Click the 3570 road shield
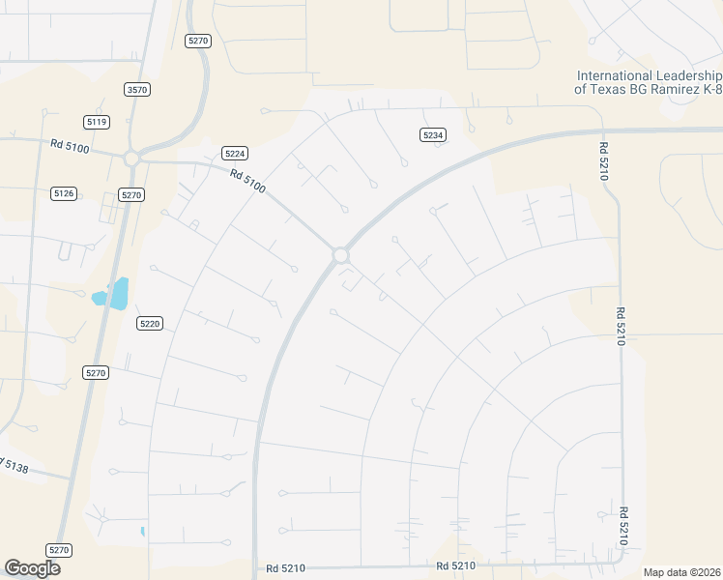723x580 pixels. click(x=137, y=90)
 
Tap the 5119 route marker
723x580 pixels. click(x=97, y=122)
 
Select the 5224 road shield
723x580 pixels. click(x=235, y=153)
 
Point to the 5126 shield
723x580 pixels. click(x=64, y=193)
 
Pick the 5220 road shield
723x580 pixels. click(x=149, y=323)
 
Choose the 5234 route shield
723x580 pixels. click(x=432, y=135)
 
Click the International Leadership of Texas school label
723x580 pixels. click(x=648, y=82)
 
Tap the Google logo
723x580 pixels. click(x=32, y=568)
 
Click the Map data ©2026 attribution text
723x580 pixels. click(x=682, y=572)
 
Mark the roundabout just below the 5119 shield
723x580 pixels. click(x=131, y=158)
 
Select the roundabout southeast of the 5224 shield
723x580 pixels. click(x=340, y=254)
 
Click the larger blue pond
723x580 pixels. click(x=119, y=292)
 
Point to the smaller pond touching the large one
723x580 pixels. click(x=100, y=298)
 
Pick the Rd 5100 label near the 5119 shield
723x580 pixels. click(x=71, y=145)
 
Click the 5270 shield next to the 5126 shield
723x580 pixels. click(x=131, y=194)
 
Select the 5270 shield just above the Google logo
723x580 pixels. click(x=60, y=550)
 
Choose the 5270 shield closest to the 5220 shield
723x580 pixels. click(x=95, y=372)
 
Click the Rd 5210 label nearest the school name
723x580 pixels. click(x=605, y=154)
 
